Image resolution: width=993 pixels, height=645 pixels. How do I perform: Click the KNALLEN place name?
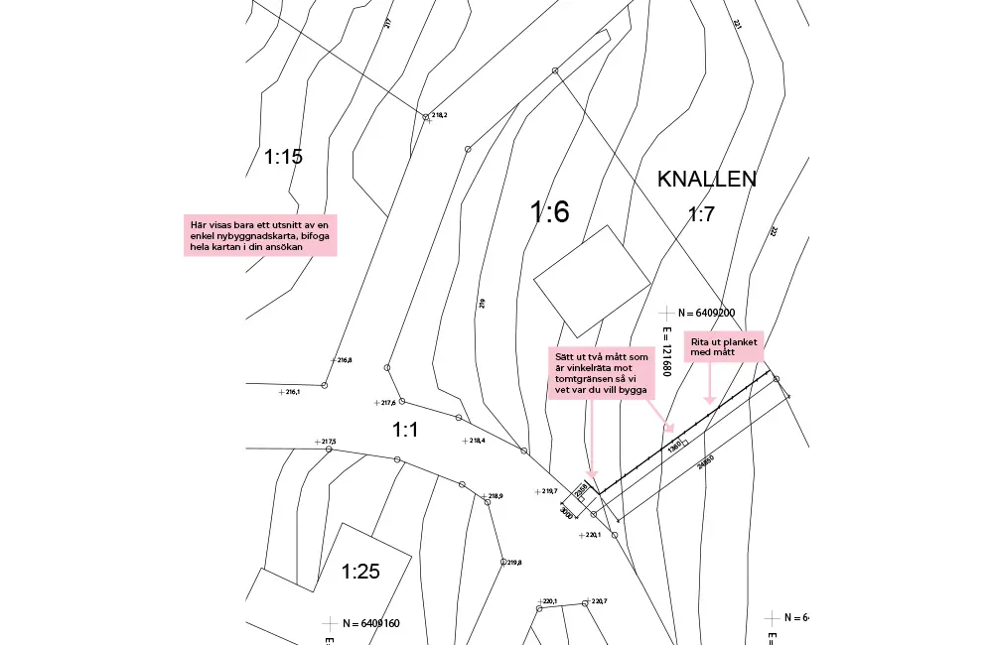(x=707, y=179)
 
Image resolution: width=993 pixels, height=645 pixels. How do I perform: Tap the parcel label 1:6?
(x=549, y=211)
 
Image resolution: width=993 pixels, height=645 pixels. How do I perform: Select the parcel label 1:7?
(x=701, y=214)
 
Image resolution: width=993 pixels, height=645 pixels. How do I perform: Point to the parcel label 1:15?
(x=283, y=156)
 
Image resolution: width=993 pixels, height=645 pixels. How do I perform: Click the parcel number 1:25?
(x=360, y=571)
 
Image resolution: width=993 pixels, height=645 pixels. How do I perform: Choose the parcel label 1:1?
(x=405, y=430)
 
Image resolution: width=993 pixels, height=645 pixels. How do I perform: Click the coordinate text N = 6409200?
(x=703, y=313)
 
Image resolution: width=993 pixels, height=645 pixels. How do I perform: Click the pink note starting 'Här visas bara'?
(x=261, y=235)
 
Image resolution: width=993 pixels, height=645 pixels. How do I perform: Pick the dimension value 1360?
(x=674, y=446)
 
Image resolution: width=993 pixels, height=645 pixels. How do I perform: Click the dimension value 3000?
(x=566, y=512)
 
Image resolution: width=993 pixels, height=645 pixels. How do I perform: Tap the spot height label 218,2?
(x=439, y=116)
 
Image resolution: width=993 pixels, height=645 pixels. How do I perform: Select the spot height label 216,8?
(x=345, y=360)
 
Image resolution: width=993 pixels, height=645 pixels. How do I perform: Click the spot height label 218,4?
(x=477, y=441)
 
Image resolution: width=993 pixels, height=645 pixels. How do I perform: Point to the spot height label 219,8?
(x=514, y=563)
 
